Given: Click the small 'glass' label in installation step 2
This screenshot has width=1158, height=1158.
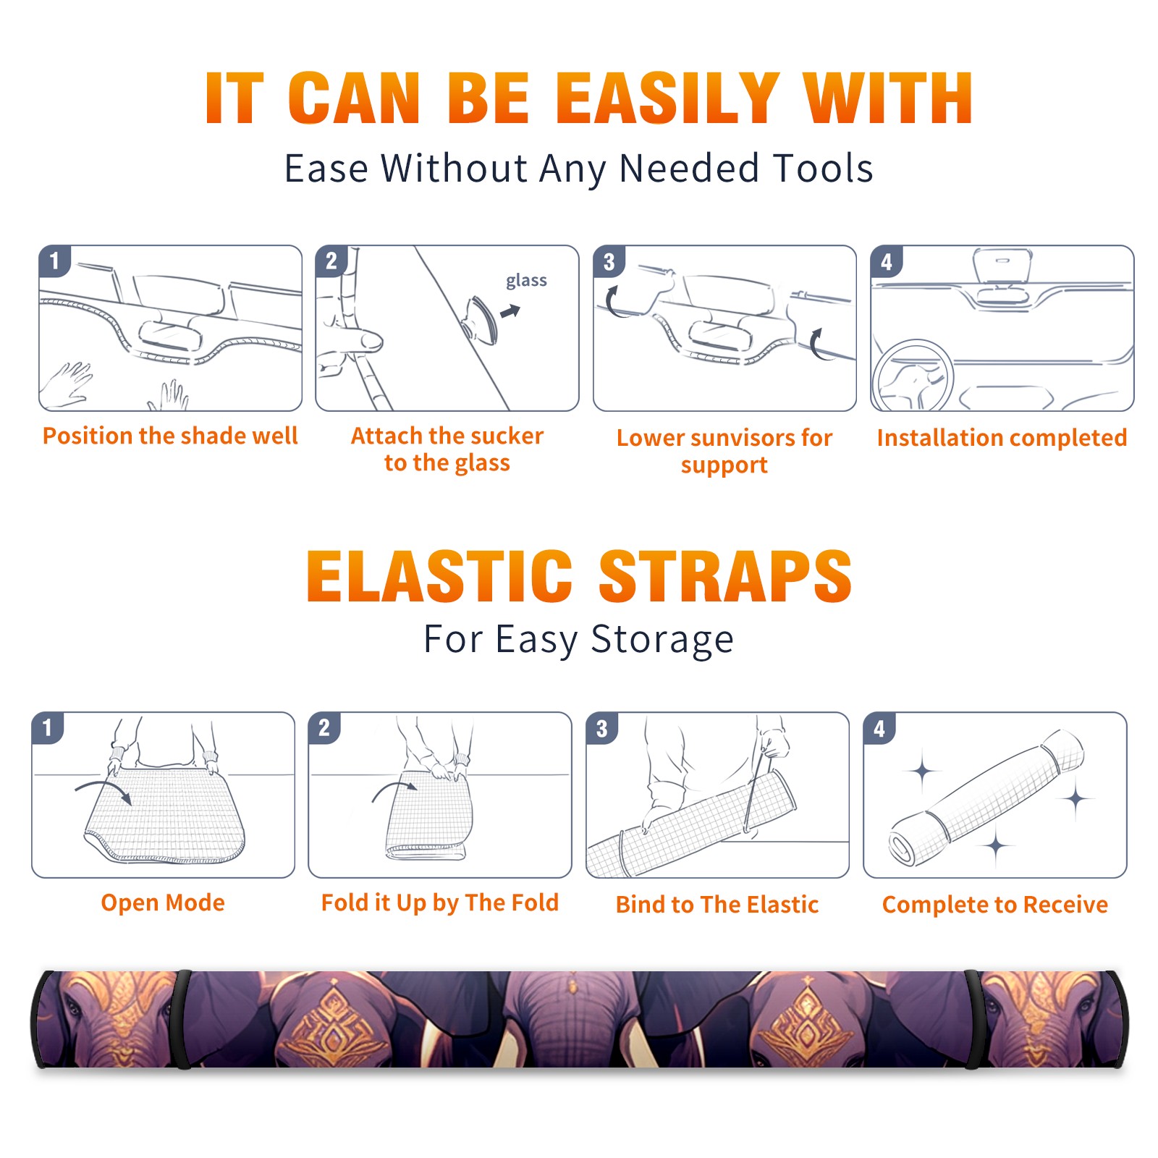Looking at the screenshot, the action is (x=526, y=281).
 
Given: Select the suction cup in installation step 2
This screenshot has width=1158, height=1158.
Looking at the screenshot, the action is (x=481, y=319).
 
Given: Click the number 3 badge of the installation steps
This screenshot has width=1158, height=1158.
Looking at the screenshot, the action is (x=609, y=262).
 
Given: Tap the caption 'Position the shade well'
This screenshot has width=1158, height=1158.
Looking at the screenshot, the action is (x=170, y=436).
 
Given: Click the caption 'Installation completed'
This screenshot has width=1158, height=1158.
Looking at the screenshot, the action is (x=1002, y=438).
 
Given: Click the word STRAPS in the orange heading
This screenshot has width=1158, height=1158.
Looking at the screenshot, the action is (x=725, y=576).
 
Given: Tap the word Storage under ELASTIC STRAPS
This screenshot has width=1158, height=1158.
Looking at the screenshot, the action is (x=662, y=640).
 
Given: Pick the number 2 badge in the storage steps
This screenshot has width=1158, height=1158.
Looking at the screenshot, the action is (x=324, y=728).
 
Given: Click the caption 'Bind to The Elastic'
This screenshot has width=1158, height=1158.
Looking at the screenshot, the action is (x=717, y=905).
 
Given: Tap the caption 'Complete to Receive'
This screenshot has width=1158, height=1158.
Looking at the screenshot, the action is (x=995, y=905).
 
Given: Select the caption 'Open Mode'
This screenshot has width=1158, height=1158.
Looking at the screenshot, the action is (x=163, y=903).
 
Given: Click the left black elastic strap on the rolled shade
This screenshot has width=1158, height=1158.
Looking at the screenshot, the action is (x=182, y=1019).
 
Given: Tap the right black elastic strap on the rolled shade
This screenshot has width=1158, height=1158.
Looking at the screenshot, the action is (x=973, y=1019).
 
